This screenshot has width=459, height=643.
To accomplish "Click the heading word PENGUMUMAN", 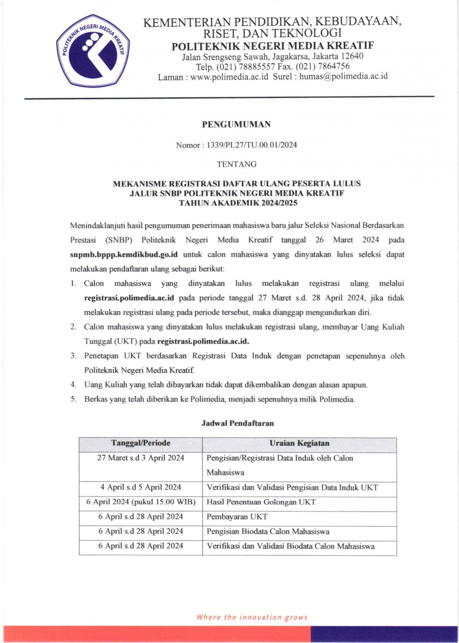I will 236,124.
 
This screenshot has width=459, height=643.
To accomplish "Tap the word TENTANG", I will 236,164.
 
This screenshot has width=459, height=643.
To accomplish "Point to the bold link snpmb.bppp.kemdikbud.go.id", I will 124,254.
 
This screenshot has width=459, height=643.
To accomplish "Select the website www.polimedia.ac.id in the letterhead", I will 229,76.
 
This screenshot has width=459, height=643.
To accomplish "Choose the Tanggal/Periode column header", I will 141,443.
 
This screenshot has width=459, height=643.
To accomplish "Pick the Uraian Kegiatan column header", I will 299,443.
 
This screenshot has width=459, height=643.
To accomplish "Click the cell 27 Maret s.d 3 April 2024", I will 141,458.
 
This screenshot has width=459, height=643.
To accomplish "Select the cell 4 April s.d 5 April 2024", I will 141,487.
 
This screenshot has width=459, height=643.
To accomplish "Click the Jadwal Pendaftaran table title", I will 238,423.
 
